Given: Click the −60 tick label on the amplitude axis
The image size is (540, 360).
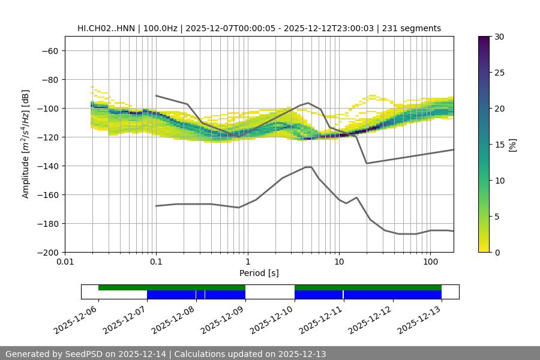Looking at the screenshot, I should tap(50, 50).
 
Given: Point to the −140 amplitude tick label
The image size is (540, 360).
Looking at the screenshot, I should tap(47, 166).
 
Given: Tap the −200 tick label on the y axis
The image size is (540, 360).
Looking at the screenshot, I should tap(47, 252).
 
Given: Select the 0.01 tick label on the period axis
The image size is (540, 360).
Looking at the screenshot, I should tap(65, 262).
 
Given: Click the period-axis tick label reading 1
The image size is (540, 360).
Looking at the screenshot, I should tap(247, 262).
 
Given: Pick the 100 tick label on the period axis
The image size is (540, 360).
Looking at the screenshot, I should tap(430, 262).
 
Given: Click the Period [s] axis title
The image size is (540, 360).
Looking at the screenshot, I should tap(259, 273).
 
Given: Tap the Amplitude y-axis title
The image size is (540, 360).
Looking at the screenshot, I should tap(26, 144).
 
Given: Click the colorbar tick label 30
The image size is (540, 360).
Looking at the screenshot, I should tap(499, 37).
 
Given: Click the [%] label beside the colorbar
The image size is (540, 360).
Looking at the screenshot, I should tap(512, 145).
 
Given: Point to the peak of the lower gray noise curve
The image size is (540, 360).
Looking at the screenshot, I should tap(308, 167).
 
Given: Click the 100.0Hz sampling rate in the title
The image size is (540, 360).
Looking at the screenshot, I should tap(161, 28).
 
